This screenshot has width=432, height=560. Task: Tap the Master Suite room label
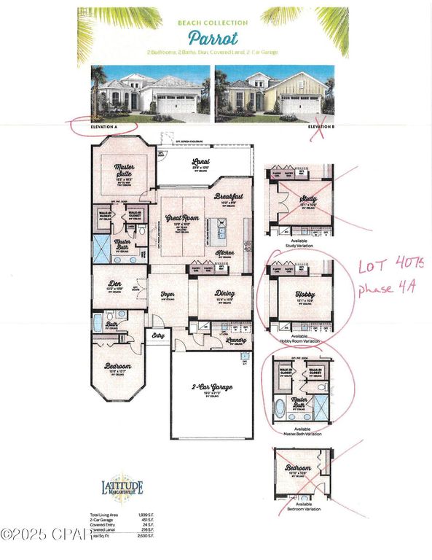coord(125,168)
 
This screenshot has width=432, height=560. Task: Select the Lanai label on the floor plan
coord(200,163)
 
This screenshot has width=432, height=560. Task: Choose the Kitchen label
coord(224,252)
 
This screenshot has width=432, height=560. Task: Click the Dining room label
coord(224,294)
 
